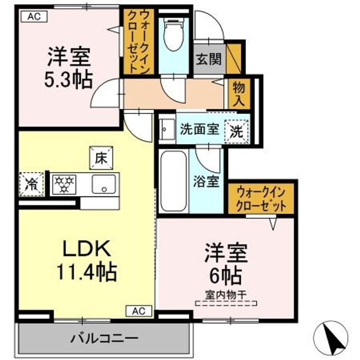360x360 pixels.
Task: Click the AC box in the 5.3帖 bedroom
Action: pyautogui.click(x=33, y=16)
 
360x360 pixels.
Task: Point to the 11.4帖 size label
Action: pyautogui.click(x=85, y=272)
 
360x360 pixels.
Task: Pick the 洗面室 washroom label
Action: pyautogui.click(x=199, y=129)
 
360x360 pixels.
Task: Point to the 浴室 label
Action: pyautogui.click(x=206, y=181)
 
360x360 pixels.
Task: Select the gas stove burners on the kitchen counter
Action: pyautogui.click(x=63, y=183)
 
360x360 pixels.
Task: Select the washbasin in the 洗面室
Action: pyautogui.click(x=167, y=129)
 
